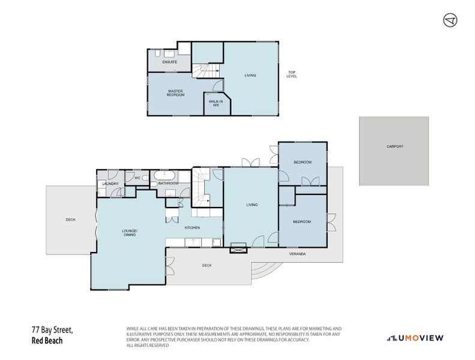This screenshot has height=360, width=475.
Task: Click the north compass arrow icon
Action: tap(450, 20)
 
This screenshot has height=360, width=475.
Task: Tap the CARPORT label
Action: tap(394, 146)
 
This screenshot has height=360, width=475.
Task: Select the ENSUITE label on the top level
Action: tap(170, 62)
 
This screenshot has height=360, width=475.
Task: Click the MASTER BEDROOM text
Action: tap(176, 93)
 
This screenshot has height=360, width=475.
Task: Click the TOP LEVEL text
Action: tap(292, 75)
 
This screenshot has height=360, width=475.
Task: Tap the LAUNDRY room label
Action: tap(110, 184)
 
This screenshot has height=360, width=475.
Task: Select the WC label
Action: tap(137, 178)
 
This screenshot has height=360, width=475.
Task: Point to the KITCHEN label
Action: tap(192, 228)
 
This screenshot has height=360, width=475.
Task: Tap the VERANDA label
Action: tap(297, 254)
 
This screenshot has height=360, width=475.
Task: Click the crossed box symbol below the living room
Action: tap(238, 247)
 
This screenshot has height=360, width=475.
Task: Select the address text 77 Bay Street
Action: tap(52, 330)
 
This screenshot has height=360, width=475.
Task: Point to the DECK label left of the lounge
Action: tap(71, 220)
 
